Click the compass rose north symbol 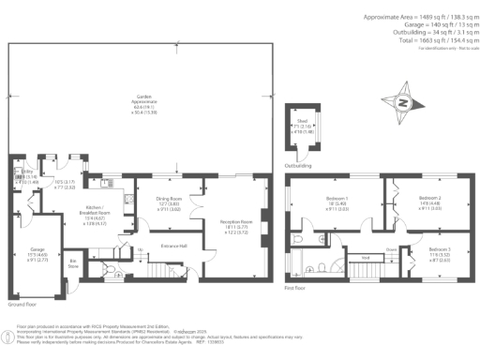coord(404,102)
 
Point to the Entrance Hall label coord(172,245)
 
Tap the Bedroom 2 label coord(430,199)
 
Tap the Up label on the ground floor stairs coord(142,248)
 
